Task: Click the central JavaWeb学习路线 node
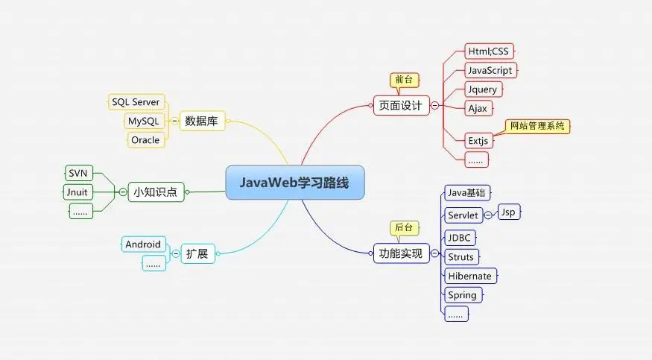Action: tap(295, 183)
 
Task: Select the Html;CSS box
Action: tap(489, 51)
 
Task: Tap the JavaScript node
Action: tap(490, 70)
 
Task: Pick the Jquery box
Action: tap(483, 89)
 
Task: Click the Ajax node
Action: tap(478, 109)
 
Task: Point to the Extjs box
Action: tap(478, 141)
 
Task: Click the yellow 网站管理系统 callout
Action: tap(537, 126)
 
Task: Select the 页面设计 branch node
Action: tap(401, 106)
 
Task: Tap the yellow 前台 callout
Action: tap(404, 80)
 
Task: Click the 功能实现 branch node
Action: tap(401, 253)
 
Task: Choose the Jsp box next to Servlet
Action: tap(508, 212)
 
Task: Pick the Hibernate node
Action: tap(470, 276)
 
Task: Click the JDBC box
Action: tap(460, 238)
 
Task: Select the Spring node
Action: tap(463, 295)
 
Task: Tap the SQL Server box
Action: tap(136, 102)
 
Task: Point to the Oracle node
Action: tap(146, 140)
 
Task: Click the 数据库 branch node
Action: tap(202, 121)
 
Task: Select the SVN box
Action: tap(78, 173)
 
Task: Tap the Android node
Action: tap(144, 244)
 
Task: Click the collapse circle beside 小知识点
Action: tap(123, 192)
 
